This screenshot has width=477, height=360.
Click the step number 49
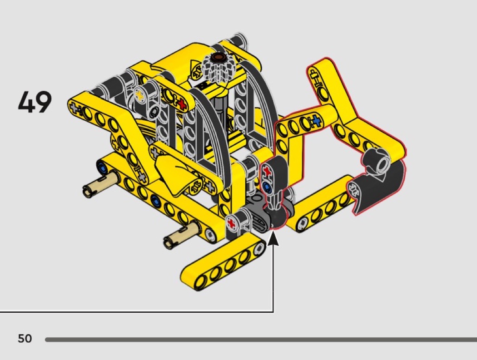click(x=35, y=102)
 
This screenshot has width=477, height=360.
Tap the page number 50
click(x=25, y=338)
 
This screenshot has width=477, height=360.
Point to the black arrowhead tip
click(x=273, y=232)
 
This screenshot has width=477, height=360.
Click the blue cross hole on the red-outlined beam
click(x=316, y=121)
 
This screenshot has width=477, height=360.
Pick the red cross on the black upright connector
click(x=268, y=171)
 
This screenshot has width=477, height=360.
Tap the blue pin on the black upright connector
click(x=267, y=187)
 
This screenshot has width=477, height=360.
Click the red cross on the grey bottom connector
click(x=232, y=224)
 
